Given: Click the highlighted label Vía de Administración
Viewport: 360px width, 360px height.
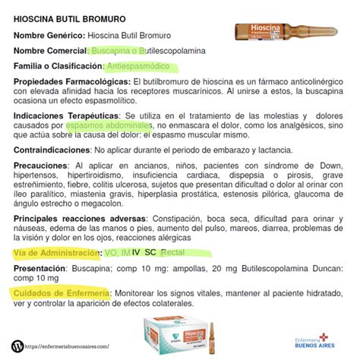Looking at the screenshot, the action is [60, 253].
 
